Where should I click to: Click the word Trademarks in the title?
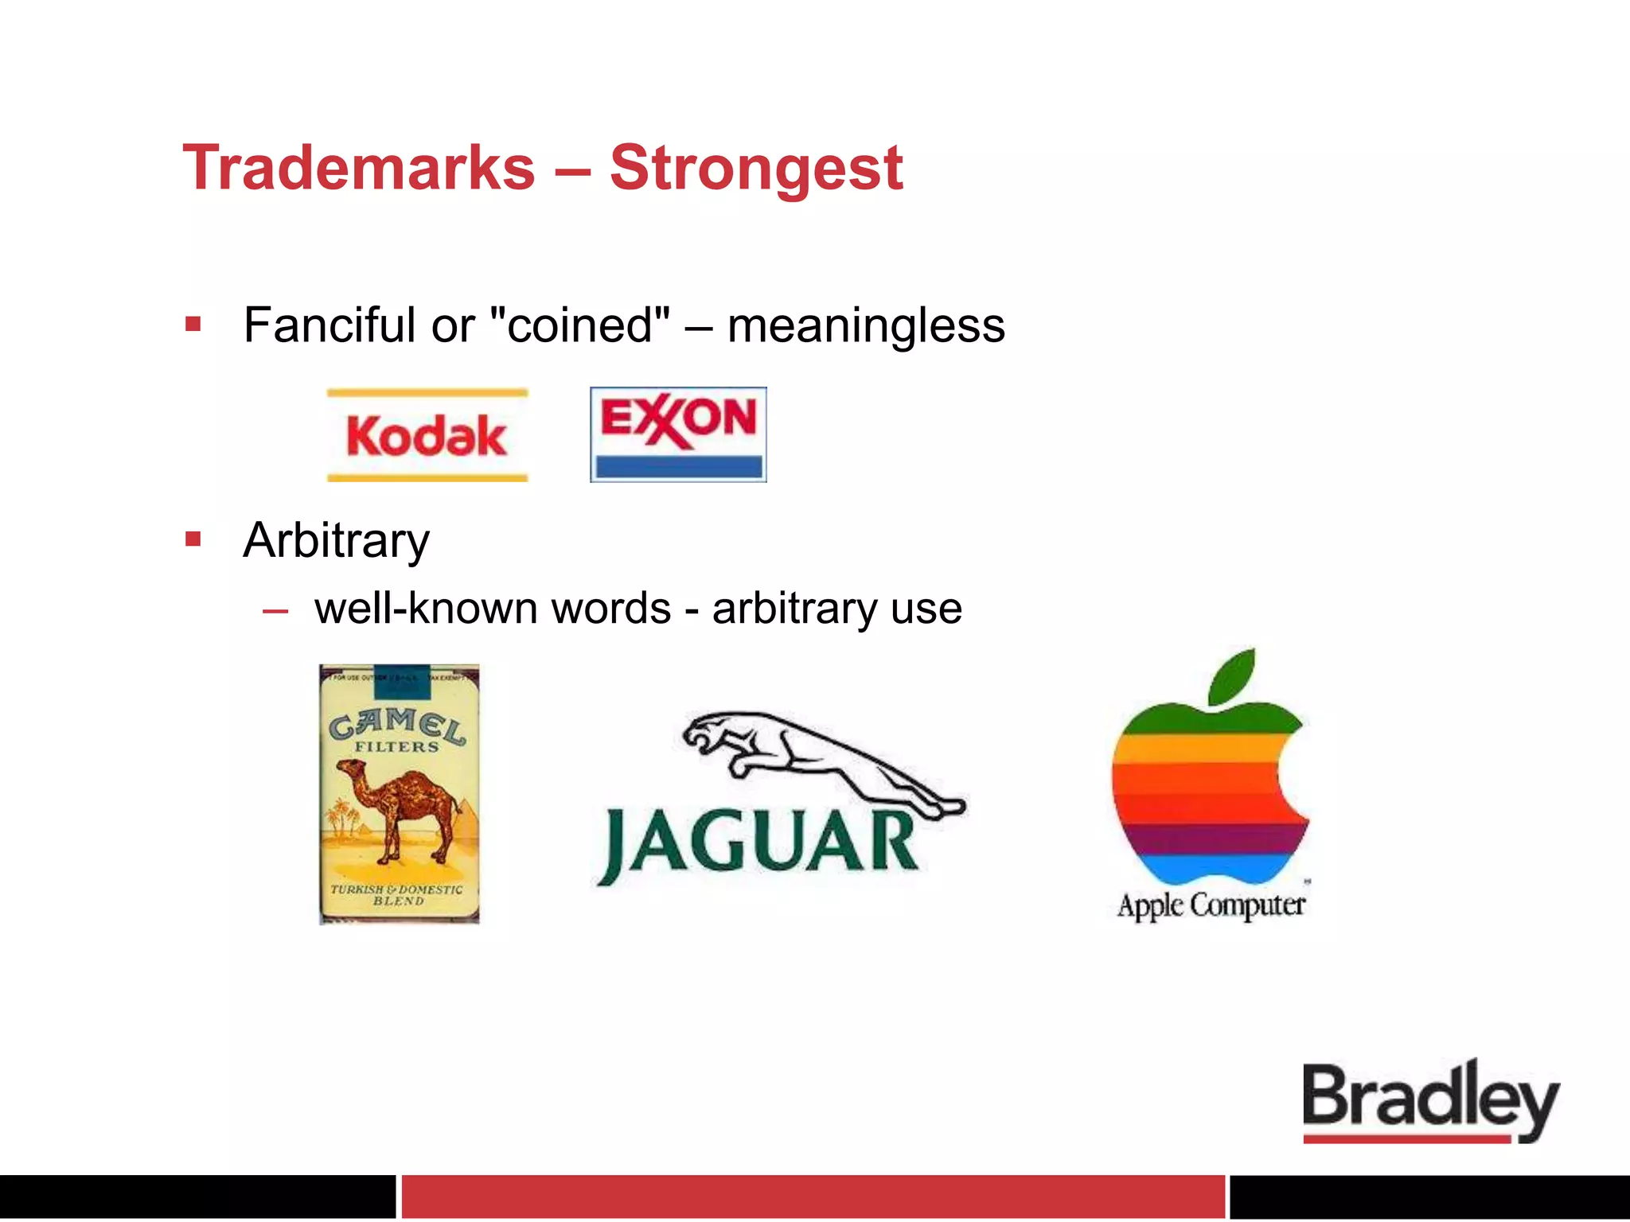tap(359, 168)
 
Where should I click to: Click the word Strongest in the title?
tap(756, 168)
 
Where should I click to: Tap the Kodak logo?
tap(427, 435)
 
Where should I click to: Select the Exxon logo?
tap(678, 434)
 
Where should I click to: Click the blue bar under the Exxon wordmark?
tap(678, 465)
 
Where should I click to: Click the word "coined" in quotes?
tap(580, 325)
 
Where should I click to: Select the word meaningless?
tap(866, 325)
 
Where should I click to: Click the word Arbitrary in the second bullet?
tap(336, 541)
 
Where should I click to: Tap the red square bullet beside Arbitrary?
tap(193, 539)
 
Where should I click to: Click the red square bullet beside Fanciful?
tap(193, 324)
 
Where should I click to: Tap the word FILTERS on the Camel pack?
tap(396, 747)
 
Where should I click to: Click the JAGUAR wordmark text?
tap(760, 843)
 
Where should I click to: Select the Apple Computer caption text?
tap(1211, 905)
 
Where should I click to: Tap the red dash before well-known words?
tap(275, 611)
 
